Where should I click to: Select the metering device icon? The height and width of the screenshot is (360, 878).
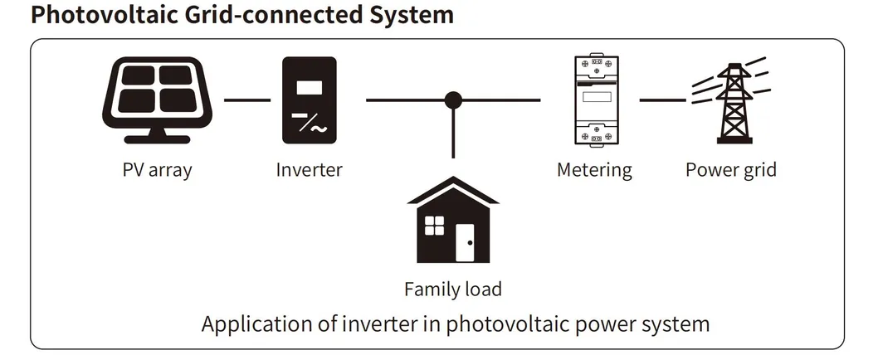pos(594,100)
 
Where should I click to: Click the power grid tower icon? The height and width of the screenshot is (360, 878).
pos(729,100)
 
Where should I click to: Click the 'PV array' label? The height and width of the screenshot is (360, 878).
pos(156,170)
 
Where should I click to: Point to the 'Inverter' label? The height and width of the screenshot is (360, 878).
pos(309,170)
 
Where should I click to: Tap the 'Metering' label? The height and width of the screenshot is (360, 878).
pos(594,170)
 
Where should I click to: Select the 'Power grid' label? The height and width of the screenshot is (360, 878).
pos(730,170)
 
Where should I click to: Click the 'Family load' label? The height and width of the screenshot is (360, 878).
pos(452,289)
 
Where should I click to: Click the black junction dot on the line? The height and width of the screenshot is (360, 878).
pos(452,100)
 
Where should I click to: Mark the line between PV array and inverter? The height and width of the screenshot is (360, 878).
pos(247,100)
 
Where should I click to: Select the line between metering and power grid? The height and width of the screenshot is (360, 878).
pos(661,100)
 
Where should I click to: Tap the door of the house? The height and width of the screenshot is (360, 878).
pos(465,244)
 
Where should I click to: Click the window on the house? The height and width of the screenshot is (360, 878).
pos(435,225)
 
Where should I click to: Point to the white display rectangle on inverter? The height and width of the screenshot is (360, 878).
pos(310,86)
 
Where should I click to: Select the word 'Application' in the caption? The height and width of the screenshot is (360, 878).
pos(251,324)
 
